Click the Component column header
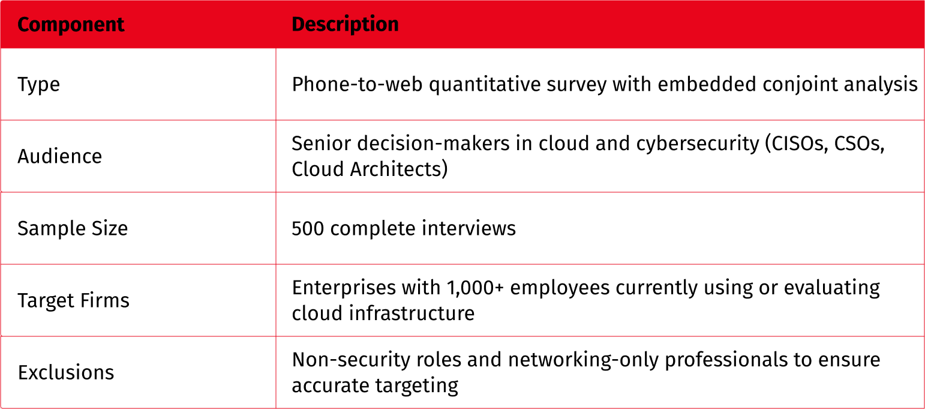[71, 25]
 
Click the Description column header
[345, 24]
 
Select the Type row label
[39, 85]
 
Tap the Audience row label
[60, 156]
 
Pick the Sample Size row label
[73, 228]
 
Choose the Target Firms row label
[74, 300]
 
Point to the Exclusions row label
[66, 372]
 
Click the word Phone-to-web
[357, 84]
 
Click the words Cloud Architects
[367, 169]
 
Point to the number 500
[308, 228]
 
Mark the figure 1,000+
[475, 288]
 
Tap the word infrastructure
[412, 313]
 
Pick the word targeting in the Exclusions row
[416, 386]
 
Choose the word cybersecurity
[698, 144]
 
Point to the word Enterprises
[344, 288]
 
